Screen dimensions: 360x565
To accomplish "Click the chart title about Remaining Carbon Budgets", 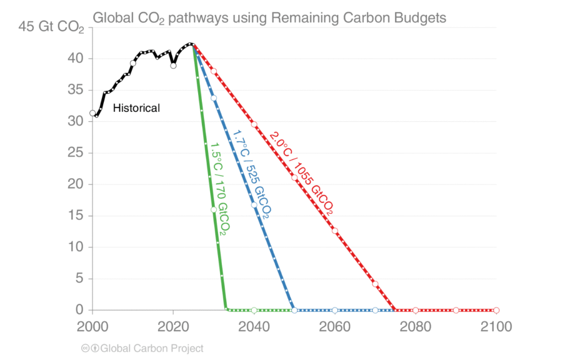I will [269, 18].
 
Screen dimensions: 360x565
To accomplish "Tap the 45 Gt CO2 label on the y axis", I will [51, 27].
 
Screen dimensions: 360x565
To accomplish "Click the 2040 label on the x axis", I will [254, 326].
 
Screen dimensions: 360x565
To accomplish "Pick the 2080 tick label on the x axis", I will [415, 326].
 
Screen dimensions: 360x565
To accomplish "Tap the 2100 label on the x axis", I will [496, 326].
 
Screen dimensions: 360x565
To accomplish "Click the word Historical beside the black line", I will [136, 109].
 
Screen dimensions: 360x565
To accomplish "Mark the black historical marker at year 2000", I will [93, 113].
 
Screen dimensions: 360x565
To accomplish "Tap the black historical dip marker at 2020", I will [173, 66].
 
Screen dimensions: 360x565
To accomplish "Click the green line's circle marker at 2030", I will [214, 209].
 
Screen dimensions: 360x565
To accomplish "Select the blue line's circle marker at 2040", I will [254, 205].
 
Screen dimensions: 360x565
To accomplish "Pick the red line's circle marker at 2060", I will [335, 230].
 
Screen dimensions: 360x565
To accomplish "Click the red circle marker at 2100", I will [496, 310].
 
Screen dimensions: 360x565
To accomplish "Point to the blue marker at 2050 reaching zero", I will [295, 310].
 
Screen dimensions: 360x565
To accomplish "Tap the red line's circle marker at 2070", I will [375, 284].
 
